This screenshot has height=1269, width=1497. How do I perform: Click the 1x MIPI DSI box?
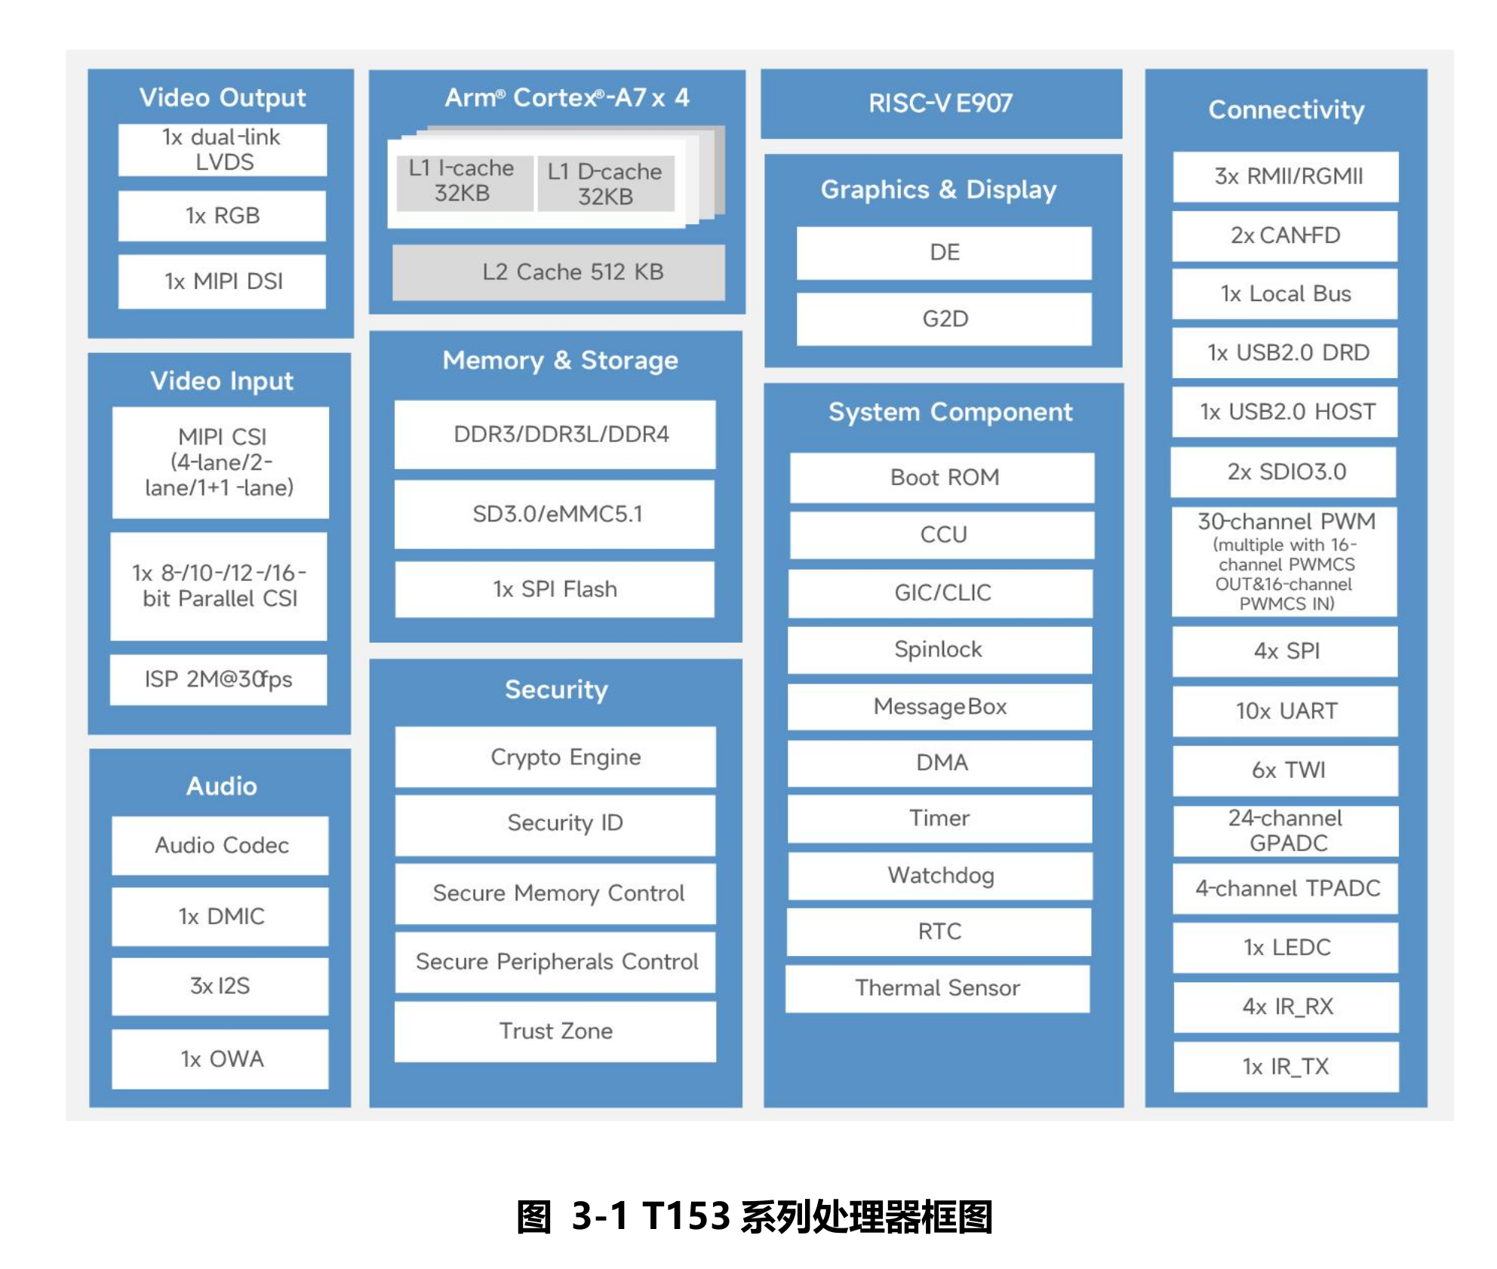(222, 281)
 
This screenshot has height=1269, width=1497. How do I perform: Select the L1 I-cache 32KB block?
(463, 182)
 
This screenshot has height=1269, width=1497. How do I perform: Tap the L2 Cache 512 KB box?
(558, 272)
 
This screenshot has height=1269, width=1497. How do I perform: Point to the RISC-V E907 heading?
(941, 103)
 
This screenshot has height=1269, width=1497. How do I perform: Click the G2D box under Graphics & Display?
(944, 319)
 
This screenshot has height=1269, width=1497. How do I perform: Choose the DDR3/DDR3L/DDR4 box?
(555, 435)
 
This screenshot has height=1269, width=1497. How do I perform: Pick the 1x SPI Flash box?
(555, 589)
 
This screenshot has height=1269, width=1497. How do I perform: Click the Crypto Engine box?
(555, 757)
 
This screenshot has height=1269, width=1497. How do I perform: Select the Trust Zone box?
(555, 1031)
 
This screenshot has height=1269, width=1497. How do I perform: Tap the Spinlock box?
(940, 650)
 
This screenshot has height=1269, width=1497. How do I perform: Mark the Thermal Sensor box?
(938, 988)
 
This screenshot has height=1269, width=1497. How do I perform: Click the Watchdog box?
(940, 876)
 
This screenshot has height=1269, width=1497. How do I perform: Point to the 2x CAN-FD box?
(1285, 236)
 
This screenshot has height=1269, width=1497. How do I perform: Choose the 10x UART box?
(1286, 711)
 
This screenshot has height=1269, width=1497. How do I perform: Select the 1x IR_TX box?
(1286, 1067)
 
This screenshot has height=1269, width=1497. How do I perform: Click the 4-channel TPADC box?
(1286, 889)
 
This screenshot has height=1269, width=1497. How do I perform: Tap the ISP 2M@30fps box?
(219, 680)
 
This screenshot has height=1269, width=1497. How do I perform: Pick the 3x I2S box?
(220, 986)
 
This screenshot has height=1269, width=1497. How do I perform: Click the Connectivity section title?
(1286, 110)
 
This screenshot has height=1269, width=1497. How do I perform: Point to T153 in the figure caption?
(686, 1216)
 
